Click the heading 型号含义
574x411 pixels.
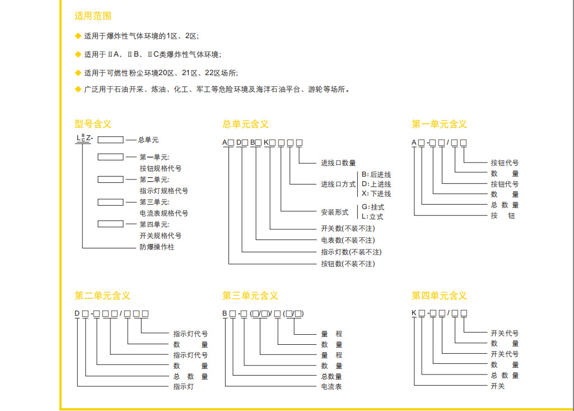coord(92,124)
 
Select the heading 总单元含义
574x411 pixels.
coord(245,124)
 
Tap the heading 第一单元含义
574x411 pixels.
coord(439,124)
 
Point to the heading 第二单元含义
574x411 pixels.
coord(102,295)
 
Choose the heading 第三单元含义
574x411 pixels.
coord(250,295)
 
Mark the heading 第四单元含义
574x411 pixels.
coord(439,295)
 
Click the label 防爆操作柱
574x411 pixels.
coord(157,247)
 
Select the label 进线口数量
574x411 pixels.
coord(338,163)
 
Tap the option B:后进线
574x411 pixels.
coord(376,174)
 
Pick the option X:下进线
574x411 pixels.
coord(376,193)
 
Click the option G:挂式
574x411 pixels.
coord(373,207)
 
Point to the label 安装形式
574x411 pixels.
coord(335,212)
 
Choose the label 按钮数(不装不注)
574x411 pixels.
coord(348,264)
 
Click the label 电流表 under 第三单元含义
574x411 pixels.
coord(331,386)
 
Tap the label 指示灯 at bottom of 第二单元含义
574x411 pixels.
coord(184,386)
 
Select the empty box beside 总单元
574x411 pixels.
coord(110,140)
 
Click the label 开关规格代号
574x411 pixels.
coord(160,235)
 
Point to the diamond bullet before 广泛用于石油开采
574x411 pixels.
coord(78,89)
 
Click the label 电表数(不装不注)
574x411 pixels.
coord(348,240)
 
